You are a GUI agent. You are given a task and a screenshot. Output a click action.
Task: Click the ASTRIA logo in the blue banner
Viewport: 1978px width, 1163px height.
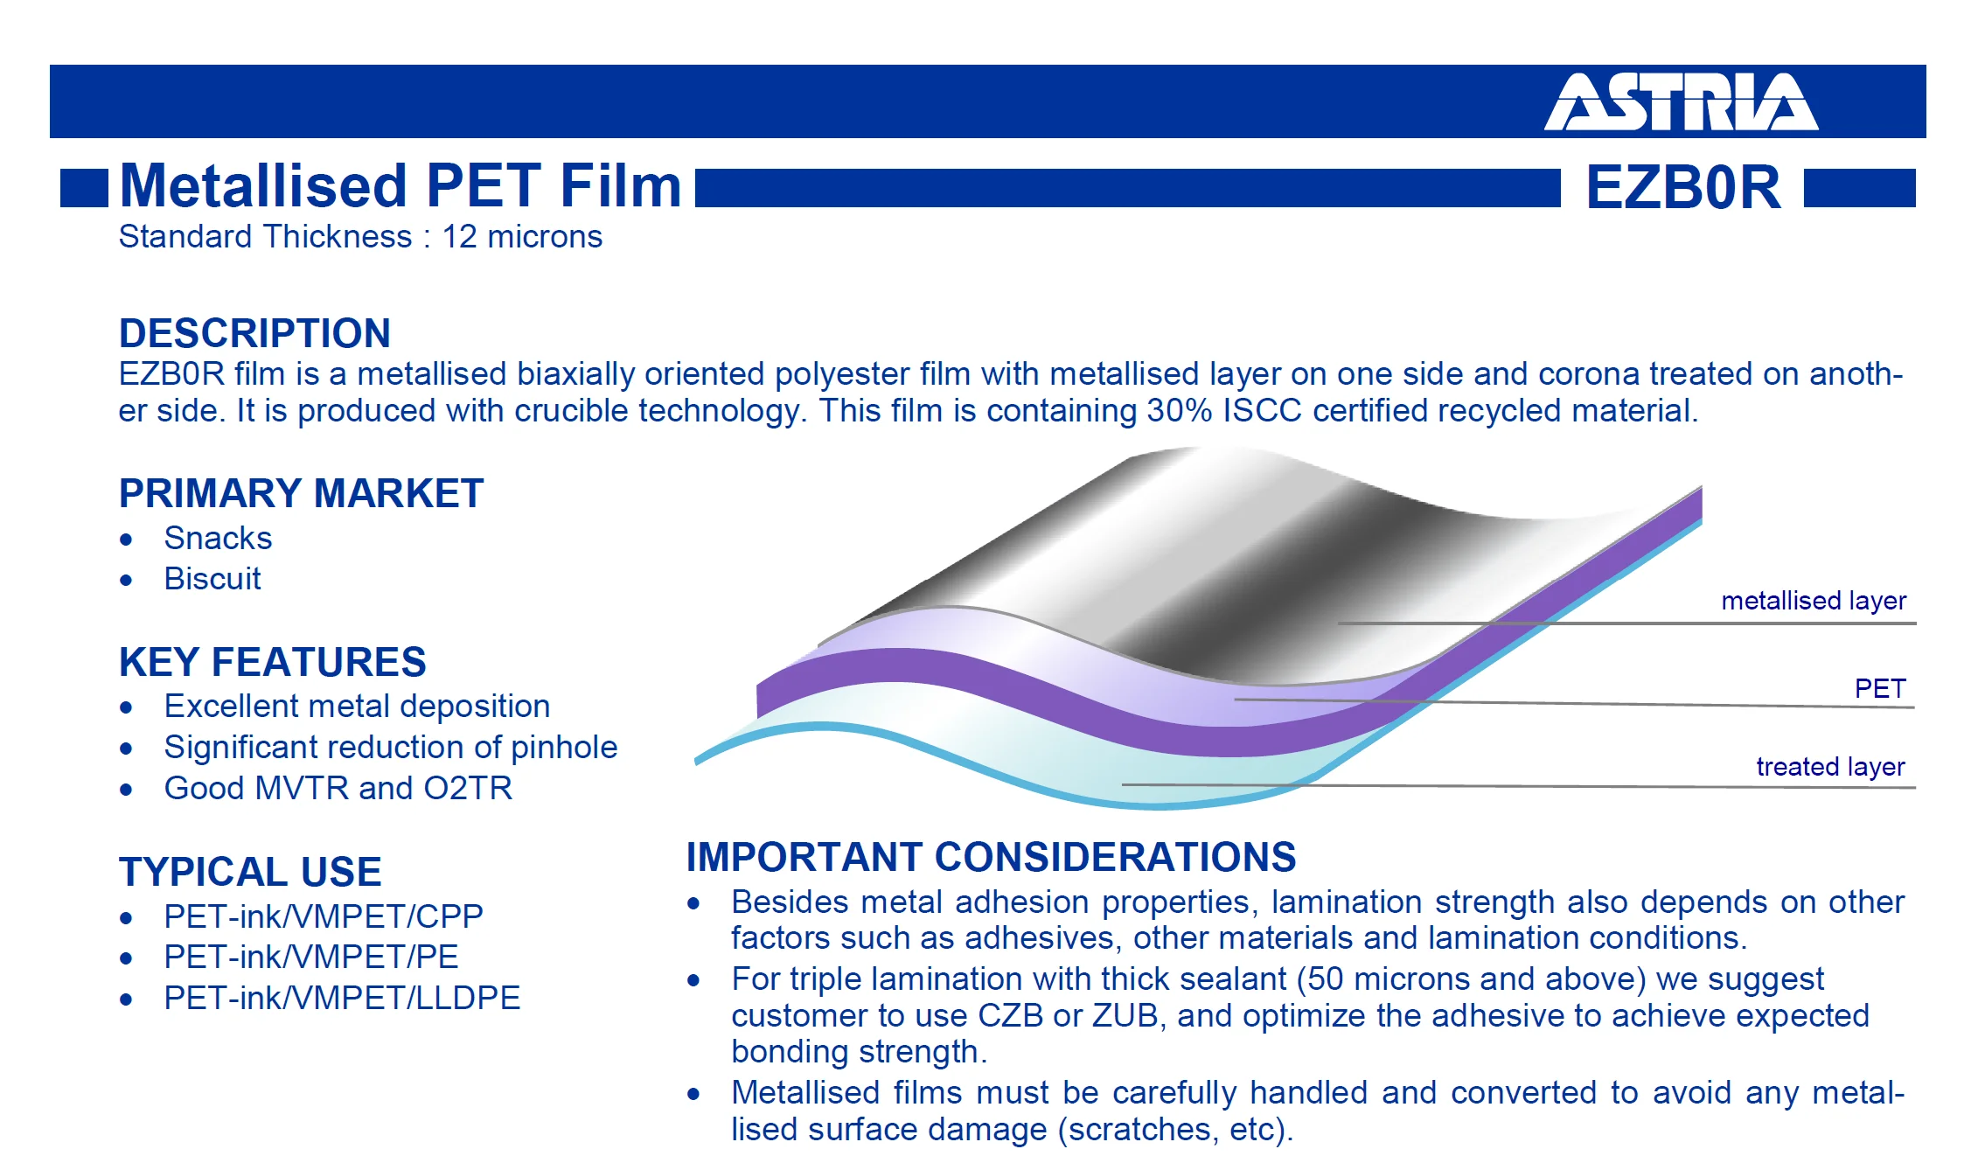[x=1681, y=101]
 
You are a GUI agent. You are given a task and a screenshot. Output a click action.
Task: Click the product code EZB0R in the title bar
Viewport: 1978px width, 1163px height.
[x=1683, y=187]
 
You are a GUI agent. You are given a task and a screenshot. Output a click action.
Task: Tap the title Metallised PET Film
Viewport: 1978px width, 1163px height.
[x=400, y=186]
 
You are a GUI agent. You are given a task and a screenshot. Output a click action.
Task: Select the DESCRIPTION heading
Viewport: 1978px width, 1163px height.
[x=254, y=333]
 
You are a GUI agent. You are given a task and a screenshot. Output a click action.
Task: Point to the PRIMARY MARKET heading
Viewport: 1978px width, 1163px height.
[x=301, y=493]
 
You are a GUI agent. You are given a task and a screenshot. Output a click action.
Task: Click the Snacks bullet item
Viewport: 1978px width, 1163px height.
[x=218, y=538]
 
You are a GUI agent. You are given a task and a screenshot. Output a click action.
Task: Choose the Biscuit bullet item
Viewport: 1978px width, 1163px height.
[x=212, y=578]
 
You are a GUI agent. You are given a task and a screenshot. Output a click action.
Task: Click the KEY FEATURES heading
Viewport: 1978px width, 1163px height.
[x=272, y=662]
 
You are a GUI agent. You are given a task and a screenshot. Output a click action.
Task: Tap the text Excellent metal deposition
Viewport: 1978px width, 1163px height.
[x=357, y=706]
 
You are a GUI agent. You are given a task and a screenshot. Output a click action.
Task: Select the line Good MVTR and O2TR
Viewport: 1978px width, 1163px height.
[x=338, y=788]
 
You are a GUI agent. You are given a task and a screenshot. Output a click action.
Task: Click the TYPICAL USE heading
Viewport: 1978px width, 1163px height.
[x=250, y=872]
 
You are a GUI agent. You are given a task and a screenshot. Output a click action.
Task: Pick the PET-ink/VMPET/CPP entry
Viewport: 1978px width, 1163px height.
[x=324, y=916]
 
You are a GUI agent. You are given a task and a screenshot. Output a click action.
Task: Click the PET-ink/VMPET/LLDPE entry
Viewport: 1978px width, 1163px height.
[x=342, y=998]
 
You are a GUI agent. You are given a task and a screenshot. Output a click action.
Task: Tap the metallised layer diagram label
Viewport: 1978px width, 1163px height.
[x=1814, y=601]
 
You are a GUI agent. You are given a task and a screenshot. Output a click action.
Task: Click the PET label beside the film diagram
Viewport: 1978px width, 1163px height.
[x=1880, y=688]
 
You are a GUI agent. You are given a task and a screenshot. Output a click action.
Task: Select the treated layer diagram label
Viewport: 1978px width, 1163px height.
[x=1830, y=767]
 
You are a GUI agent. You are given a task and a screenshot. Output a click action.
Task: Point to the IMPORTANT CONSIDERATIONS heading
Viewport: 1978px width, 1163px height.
[x=991, y=857]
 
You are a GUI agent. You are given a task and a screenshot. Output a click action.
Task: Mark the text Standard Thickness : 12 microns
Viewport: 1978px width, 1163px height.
[x=360, y=237]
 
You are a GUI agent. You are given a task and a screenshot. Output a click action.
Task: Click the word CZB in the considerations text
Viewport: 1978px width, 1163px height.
[x=1011, y=1015]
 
